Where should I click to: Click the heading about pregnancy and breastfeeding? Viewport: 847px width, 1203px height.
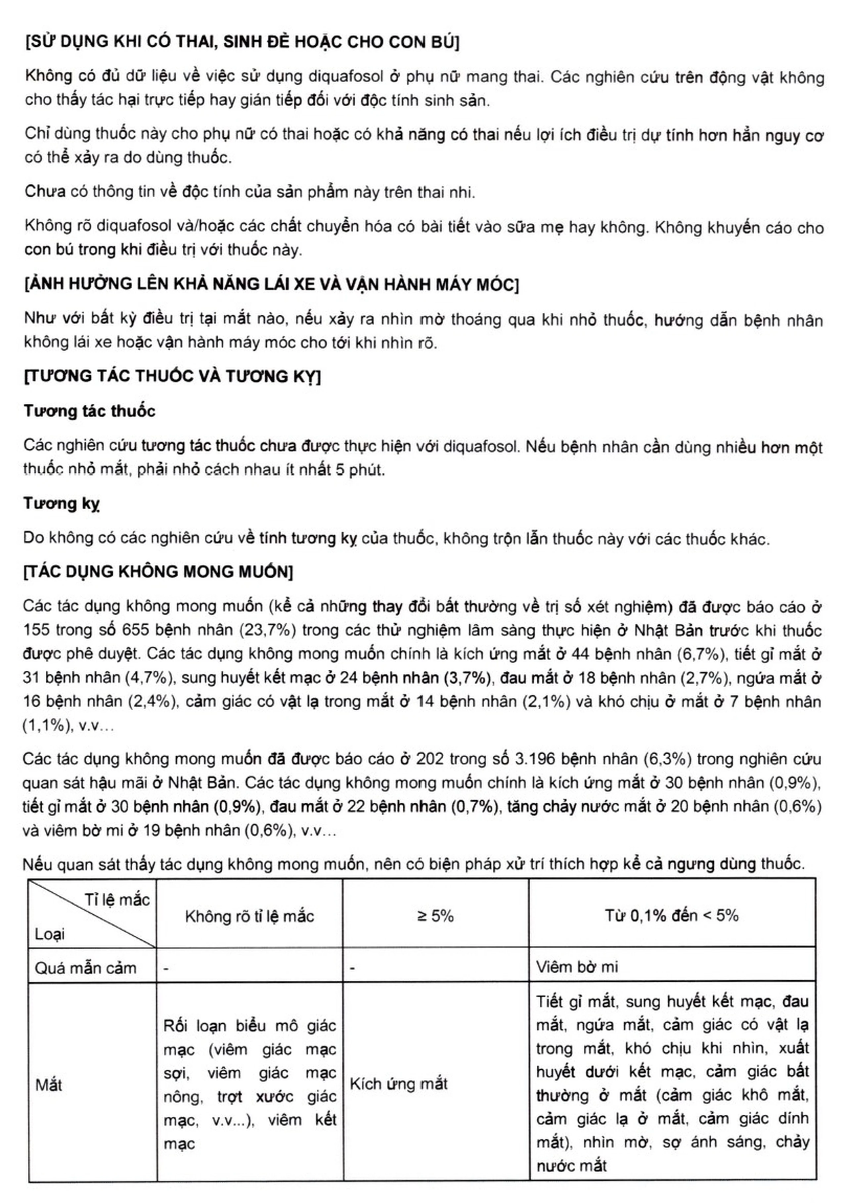[x=242, y=42]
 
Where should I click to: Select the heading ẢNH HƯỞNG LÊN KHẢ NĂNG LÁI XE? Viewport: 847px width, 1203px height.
[x=271, y=284]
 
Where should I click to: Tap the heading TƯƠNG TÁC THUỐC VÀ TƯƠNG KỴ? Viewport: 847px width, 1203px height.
[x=172, y=376]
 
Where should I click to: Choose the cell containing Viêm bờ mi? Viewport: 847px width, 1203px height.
[x=577, y=967]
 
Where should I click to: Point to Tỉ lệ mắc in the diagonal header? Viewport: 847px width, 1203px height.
[x=117, y=900]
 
